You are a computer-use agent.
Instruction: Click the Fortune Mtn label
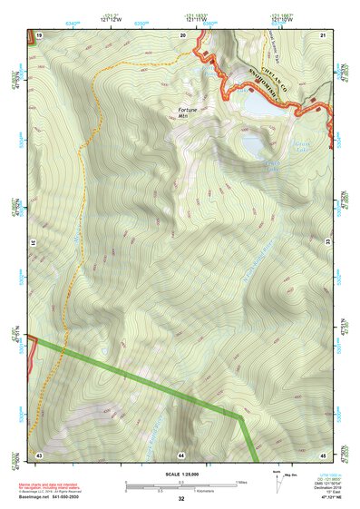pos(187,113)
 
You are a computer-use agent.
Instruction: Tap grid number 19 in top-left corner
pos(39,34)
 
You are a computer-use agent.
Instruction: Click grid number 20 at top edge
pos(182,34)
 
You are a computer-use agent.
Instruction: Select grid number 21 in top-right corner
pos(322,34)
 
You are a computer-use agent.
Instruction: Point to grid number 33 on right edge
pos(328,240)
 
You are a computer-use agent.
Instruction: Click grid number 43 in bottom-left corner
pos(39,453)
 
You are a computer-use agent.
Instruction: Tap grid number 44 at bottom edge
pos(181,453)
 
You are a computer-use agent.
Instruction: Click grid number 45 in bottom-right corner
pos(322,453)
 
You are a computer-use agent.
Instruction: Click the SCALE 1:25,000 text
pos(180,475)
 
